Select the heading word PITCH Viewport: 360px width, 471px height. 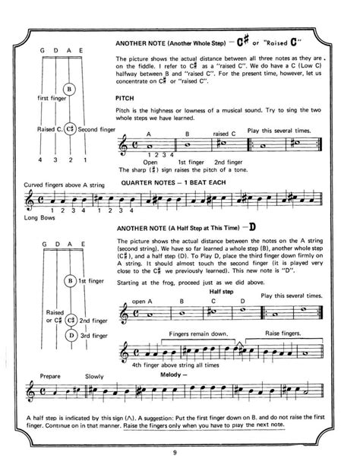(x=125, y=97)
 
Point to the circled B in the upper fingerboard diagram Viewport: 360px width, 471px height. (x=69, y=89)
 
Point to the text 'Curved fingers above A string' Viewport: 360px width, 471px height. (x=56, y=185)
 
